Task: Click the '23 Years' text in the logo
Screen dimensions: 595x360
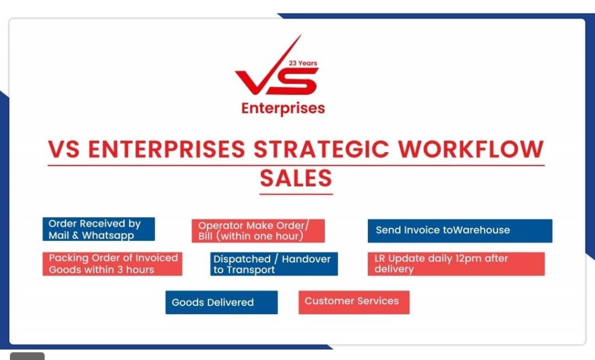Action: [x=303, y=63]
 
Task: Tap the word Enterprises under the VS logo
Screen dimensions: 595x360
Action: [x=283, y=109]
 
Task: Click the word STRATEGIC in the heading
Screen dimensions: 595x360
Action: [x=321, y=149]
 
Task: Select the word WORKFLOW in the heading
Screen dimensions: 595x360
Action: [x=471, y=149]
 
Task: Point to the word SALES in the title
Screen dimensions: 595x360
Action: [x=296, y=178]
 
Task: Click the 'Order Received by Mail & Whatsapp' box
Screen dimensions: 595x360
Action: [x=99, y=229]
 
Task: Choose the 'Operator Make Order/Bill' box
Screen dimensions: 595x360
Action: [x=258, y=231]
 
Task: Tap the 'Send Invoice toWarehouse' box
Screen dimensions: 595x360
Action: [x=460, y=231]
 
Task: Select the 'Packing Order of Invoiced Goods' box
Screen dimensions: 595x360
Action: [x=112, y=264]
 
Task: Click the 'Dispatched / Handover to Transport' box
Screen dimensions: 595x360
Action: [x=274, y=264]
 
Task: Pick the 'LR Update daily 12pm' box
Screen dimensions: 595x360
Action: [x=456, y=264]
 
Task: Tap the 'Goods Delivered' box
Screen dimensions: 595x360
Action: [x=221, y=303]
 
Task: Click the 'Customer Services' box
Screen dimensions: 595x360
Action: [x=354, y=303]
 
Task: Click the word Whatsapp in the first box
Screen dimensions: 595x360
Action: [x=107, y=236]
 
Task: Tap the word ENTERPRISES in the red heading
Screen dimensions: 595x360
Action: [x=167, y=149]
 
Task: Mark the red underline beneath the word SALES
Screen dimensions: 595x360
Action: [x=296, y=194]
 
